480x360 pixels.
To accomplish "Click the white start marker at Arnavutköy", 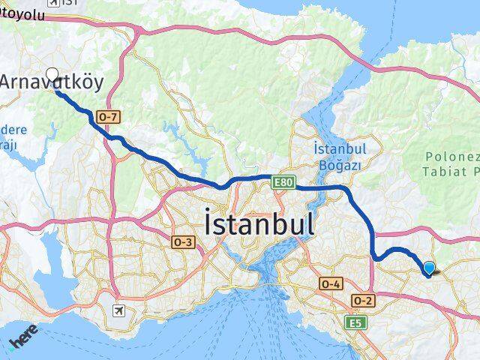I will [52, 75].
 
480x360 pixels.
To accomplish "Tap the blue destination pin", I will [429, 268].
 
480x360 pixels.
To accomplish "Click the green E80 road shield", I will [282, 181].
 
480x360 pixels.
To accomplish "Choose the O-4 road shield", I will [331, 283].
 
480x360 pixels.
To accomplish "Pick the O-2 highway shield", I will [363, 300].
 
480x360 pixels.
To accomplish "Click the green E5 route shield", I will [353, 322].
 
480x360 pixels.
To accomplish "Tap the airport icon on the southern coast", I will [119, 310].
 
